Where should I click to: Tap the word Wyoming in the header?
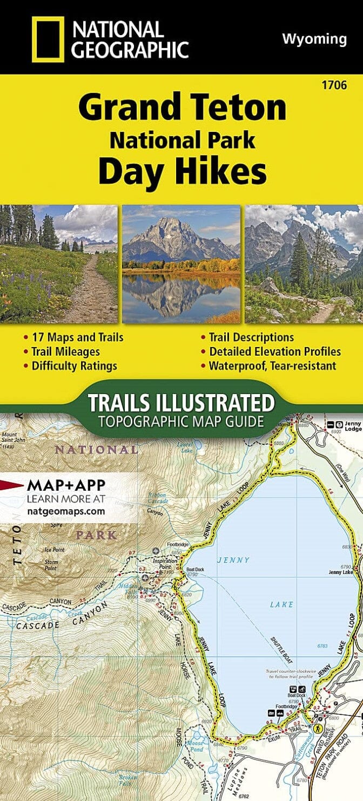(314, 38)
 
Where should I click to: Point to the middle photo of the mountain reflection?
(181, 264)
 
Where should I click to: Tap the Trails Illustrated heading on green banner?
(181, 403)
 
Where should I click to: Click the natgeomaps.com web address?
(65, 510)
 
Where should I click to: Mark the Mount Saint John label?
(11, 437)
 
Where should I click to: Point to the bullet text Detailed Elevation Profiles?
(275, 352)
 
